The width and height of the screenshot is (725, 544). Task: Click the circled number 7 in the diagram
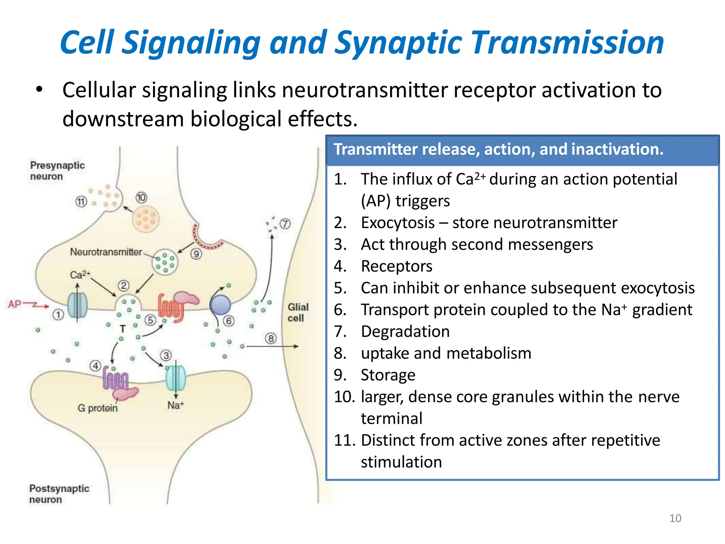285,224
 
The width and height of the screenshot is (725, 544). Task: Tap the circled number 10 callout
141,197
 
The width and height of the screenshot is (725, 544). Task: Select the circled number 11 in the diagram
81,202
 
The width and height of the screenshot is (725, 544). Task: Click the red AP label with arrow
27,305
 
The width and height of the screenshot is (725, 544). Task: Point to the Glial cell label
298,312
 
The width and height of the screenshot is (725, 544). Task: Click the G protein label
97,408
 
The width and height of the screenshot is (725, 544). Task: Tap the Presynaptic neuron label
57,171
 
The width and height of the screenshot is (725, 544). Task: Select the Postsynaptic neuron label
59,494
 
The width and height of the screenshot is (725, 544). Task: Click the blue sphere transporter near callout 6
220,305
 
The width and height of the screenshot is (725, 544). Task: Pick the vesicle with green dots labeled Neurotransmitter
165,262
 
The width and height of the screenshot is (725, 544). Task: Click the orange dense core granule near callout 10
145,220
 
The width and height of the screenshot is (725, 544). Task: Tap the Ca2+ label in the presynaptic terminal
80,275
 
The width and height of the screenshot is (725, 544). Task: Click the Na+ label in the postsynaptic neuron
176,405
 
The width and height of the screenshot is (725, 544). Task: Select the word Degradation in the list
405,332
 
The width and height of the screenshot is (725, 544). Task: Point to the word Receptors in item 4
396,266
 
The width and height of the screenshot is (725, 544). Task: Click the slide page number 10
675,518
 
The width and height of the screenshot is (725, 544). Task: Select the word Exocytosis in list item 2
398,223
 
